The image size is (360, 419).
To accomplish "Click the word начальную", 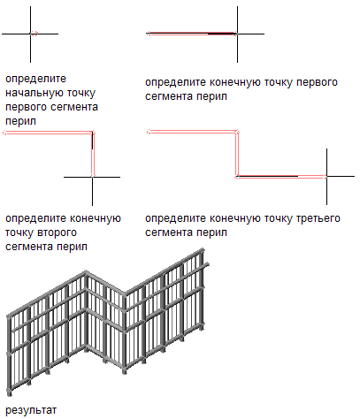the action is (34, 93).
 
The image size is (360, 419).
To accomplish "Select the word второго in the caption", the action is (57, 232).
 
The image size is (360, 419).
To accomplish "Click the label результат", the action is (31, 410).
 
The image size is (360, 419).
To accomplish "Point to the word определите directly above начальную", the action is (35, 79).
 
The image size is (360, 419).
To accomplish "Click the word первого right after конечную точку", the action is (317, 82).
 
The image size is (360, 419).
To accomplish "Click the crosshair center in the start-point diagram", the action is (30, 34).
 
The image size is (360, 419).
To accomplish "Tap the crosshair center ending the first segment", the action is (237, 34).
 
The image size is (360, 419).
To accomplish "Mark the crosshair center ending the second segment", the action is (92, 177).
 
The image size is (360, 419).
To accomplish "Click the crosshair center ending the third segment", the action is (326, 176).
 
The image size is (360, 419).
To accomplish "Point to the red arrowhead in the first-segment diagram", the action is (149, 34).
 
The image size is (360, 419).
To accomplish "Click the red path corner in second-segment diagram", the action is (92, 133).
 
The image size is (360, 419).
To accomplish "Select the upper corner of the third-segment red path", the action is (236, 132).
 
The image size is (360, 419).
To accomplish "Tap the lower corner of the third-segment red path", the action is (237, 176).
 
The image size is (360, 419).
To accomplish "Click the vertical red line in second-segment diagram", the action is (93, 155).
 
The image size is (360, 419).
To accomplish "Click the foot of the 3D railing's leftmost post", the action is (10, 392).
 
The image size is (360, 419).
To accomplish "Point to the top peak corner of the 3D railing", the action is (86, 271).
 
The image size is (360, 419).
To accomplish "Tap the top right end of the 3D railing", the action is (202, 250).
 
